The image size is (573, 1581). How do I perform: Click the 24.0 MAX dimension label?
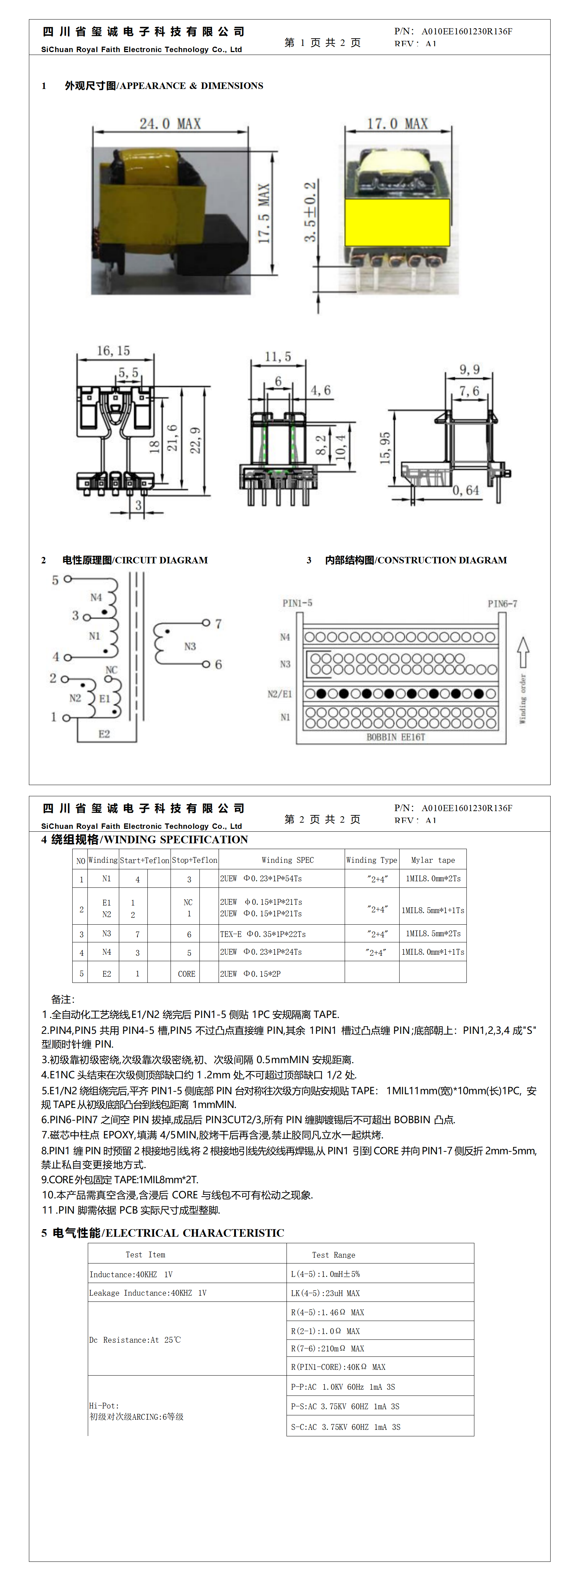(x=170, y=123)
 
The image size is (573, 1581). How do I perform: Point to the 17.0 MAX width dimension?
(x=397, y=123)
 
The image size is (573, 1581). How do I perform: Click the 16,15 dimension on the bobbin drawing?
(x=113, y=350)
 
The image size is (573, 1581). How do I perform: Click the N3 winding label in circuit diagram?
(x=190, y=646)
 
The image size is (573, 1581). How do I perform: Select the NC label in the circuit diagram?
(x=111, y=670)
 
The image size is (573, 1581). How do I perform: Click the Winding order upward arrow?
(x=523, y=652)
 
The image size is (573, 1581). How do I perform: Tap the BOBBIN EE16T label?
(x=396, y=737)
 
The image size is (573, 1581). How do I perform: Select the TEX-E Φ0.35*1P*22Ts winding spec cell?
(x=263, y=933)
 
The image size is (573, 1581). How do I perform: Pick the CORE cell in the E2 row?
(x=186, y=973)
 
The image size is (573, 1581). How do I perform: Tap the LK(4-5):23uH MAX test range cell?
(x=325, y=1292)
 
